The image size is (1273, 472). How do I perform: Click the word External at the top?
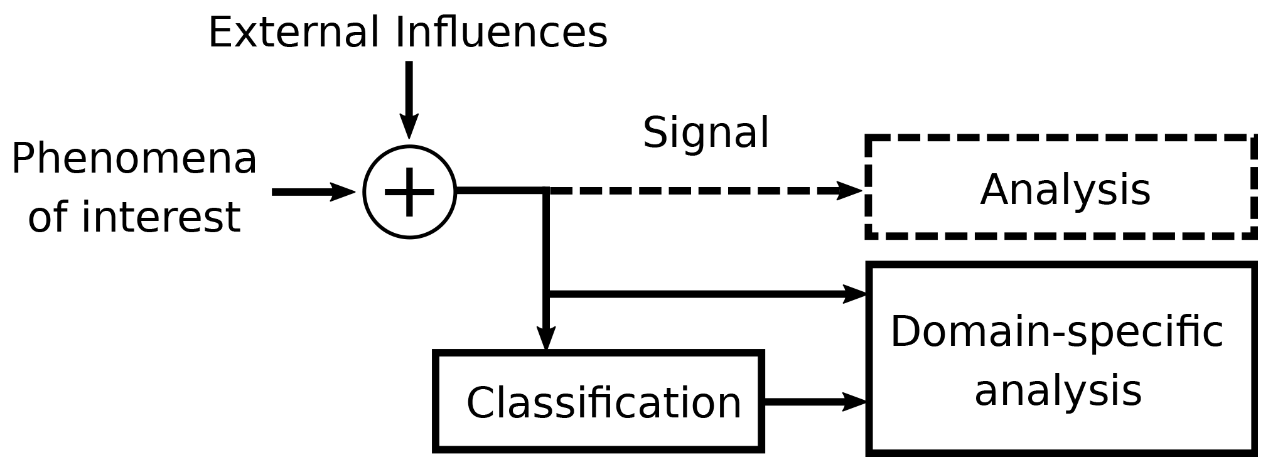[293, 33]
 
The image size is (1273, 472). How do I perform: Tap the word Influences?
[501, 33]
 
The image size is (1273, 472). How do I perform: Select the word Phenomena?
[134, 159]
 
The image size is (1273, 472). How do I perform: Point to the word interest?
[161, 217]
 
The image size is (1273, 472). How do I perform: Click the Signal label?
[706, 133]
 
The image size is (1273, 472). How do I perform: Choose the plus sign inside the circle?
[409, 192]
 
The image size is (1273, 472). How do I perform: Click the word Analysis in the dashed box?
[1065, 190]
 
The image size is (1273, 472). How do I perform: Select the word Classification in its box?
[604, 402]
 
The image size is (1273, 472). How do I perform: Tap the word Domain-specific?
[1057, 331]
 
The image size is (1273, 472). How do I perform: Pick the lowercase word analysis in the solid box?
[1058, 390]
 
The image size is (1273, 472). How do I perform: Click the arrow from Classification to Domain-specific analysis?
[810, 402]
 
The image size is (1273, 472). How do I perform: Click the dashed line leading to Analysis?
[690, 191]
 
